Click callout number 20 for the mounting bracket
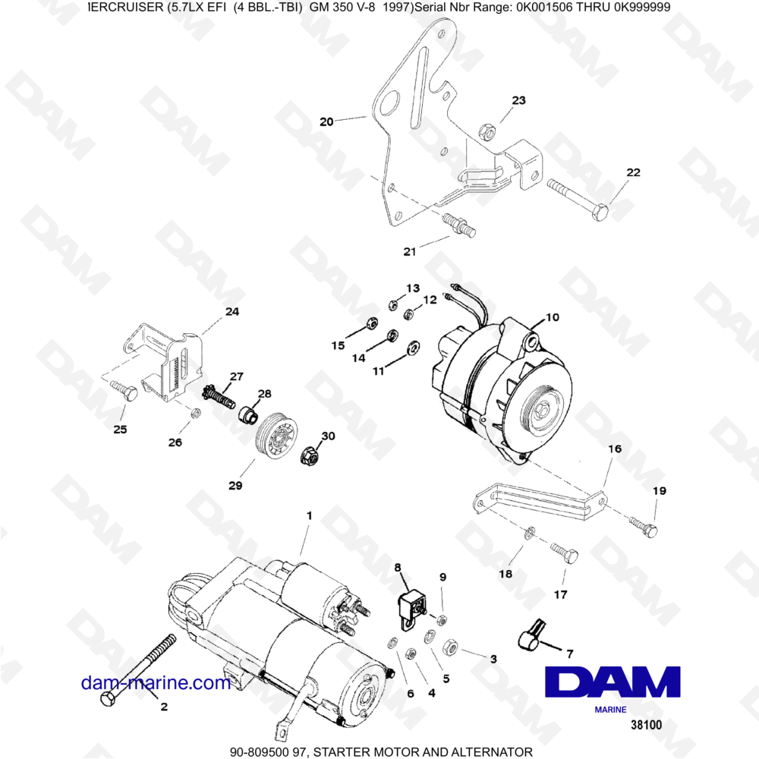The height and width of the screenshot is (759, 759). pos(326,121)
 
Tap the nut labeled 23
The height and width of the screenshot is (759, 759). pos(490,132)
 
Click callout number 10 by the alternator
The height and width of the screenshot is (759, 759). pos(552,317)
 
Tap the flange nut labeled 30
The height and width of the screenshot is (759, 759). pos(310,455)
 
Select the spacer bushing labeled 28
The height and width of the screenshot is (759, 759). pos(248,416)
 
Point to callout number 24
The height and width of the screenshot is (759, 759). pos(231,311)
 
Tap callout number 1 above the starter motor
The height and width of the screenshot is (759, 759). pos(309,515)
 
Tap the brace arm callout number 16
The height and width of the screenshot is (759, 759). pos(614,449)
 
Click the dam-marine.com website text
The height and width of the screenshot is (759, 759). pos(156,682)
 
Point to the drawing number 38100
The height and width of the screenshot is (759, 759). pos(646,725)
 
